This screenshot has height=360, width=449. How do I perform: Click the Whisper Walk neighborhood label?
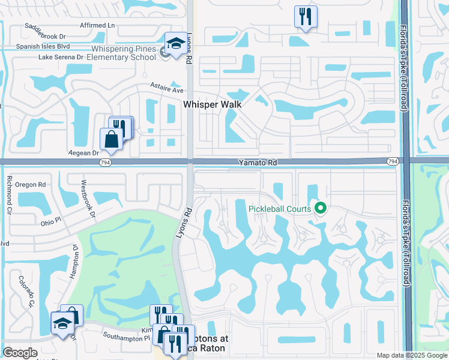212,104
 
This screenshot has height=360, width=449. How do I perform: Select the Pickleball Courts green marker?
321,209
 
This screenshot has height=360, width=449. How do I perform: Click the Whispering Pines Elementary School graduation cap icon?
175,44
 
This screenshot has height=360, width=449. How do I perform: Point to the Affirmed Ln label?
97,25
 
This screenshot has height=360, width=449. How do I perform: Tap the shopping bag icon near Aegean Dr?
112,139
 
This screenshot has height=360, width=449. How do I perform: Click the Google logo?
20,353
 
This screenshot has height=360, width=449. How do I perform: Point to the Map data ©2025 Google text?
411,355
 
